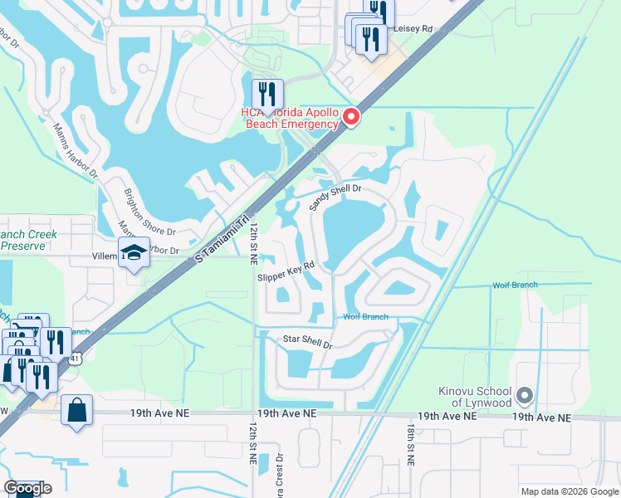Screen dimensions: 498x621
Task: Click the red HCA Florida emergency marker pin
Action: pyautogui.click(x=351, y=117)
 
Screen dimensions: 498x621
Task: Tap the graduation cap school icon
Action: pyautogui.click(x=133, y=253)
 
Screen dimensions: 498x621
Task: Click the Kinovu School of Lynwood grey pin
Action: pyautogui.click(x=524, y=394)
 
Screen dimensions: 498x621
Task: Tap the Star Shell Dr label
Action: pyautogui.click(x=307, y=341)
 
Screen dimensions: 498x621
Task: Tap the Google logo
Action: pyautogui.click(x=27, y=488)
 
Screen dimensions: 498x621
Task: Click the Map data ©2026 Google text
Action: pyautogui.click(x=569, y=491)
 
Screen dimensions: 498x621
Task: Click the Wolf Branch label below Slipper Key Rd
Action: pyautogui.click(x=366, y=317)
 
